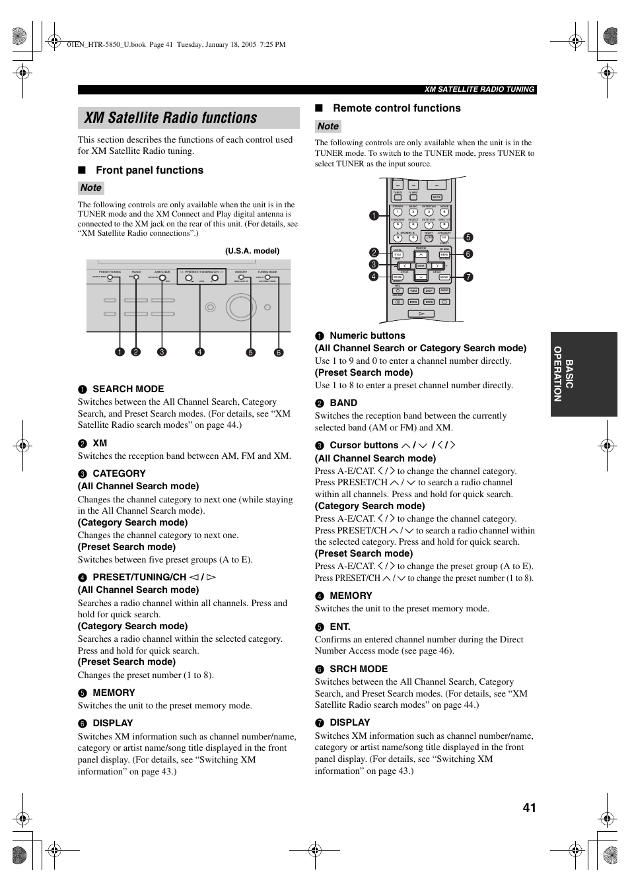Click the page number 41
[529, 807]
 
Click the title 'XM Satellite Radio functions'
[171, 118]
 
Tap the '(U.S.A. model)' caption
[252, 251]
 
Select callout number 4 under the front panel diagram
[199, 352]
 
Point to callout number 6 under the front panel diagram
[279, 353]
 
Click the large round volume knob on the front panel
[238, 306]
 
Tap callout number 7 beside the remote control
[468, 277]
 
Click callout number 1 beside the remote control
[374, 216]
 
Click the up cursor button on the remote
[421, 255]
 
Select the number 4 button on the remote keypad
[444, 212]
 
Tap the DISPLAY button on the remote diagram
[444, 277]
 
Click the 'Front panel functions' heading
[149, 170]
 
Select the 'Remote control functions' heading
[396, 108]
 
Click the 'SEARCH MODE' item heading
[128, 389]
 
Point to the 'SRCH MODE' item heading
[359, 669]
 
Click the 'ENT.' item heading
[340, 627]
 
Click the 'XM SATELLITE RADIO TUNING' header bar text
[479, 90]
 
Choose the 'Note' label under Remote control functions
[328, 126]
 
